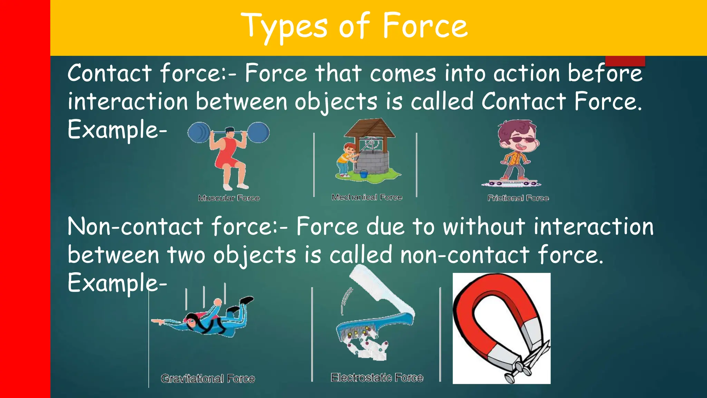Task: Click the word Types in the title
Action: tap(284, 27)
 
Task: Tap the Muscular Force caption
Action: tap(229, 198)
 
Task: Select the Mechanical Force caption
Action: tap(367, 197)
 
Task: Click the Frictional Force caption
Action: tap(518, 198)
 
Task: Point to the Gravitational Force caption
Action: tap(208, 379)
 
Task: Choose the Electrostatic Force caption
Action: tap(377, 378)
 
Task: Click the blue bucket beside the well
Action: tap(364, 173)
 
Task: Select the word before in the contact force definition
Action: tap(605, 74)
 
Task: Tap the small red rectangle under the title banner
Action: tap(625, 61)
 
